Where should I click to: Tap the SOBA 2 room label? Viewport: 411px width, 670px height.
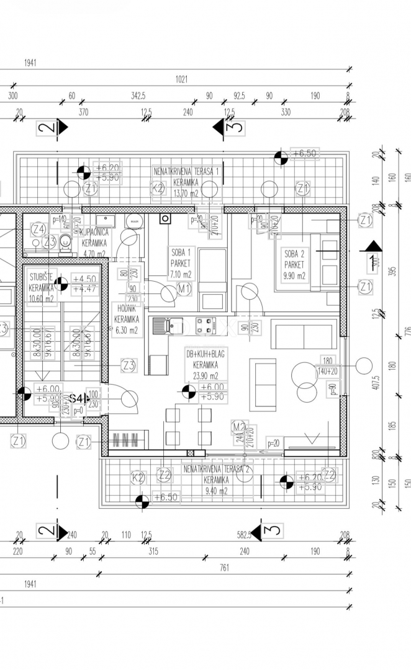(x=294, y=253)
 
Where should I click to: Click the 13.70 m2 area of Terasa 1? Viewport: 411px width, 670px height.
(x=186, y=193)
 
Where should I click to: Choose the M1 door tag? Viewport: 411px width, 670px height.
(x=184, y=288)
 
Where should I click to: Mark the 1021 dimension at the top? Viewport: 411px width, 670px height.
(x=181, y=79)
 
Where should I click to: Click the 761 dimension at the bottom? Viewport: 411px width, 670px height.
(x=224, y=567)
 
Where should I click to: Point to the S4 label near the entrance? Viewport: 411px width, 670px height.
(x=76, y=398)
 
